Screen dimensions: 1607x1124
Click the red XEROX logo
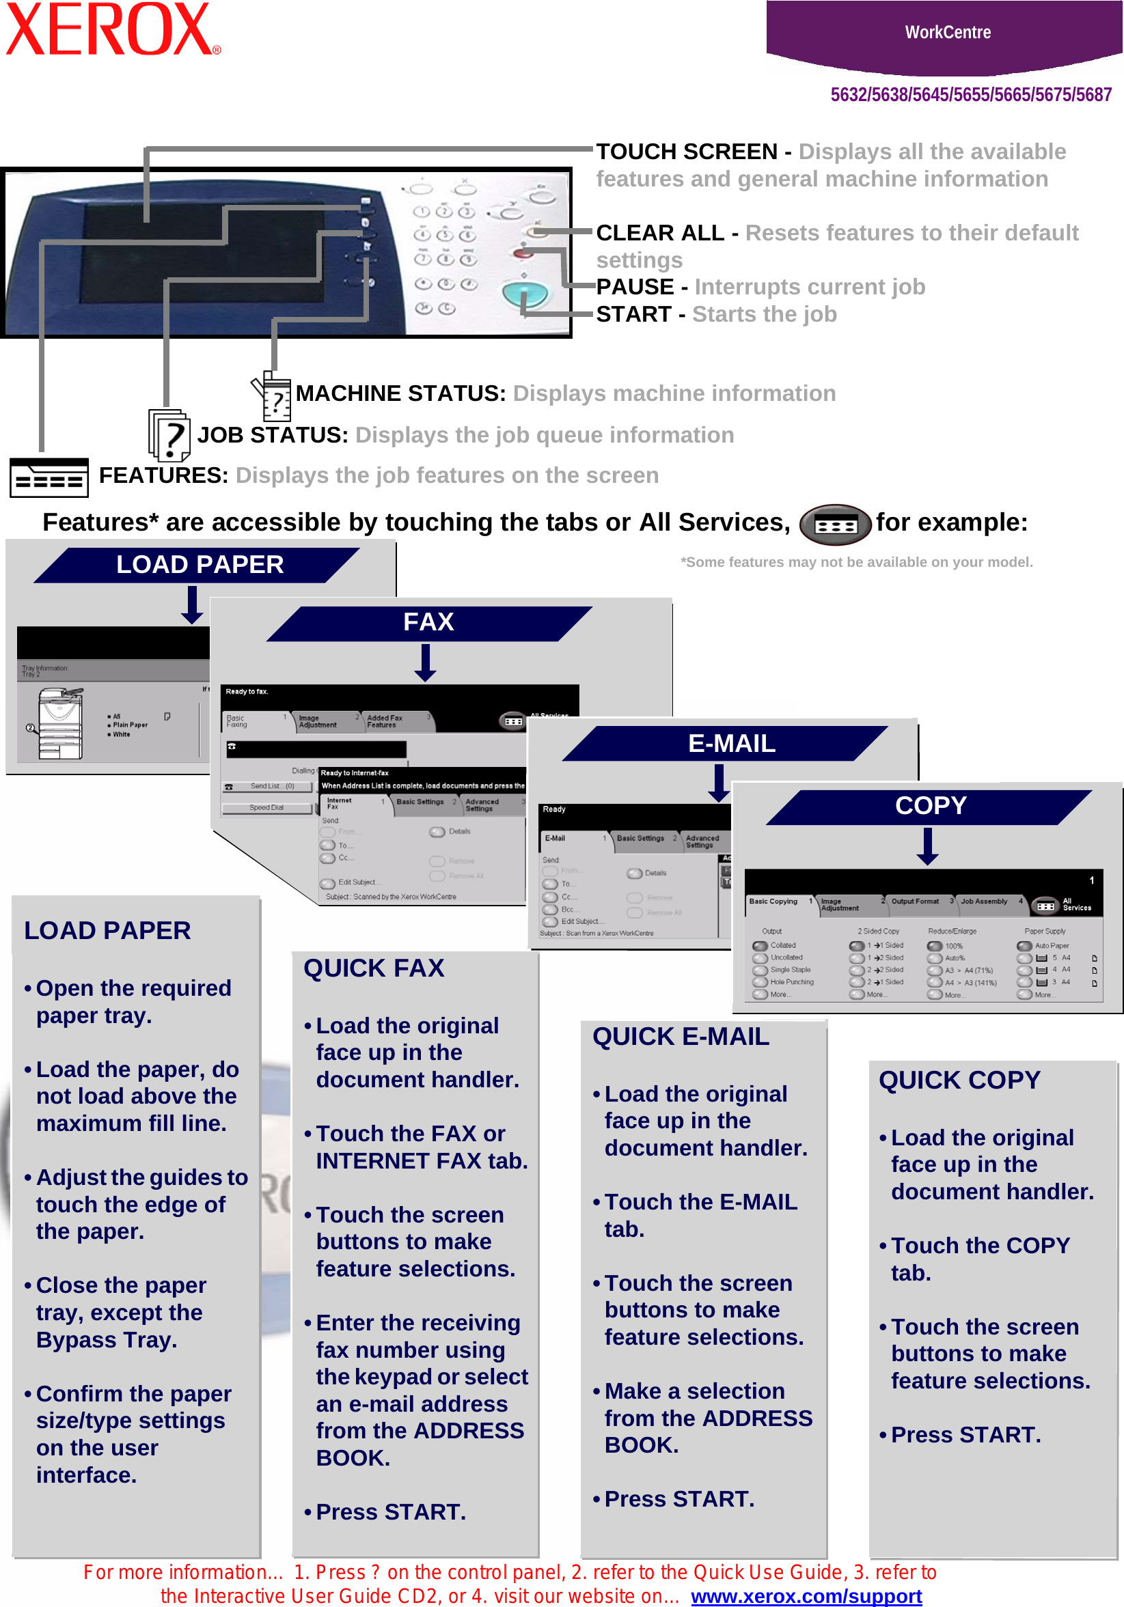[x=112, y=29]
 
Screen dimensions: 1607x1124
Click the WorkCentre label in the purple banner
[x=947, y=32]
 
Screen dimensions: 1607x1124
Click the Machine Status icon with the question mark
[x=273, y=397]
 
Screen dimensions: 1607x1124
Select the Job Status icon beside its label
[x=169, y=435]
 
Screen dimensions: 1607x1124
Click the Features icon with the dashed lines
[x=49, y=477]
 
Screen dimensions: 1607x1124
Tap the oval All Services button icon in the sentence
[x=835, y=525]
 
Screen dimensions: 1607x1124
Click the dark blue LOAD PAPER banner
[x=199, y=565]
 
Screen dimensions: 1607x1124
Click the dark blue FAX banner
[x=428, y=622]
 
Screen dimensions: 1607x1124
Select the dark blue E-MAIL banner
[x=730, y=743]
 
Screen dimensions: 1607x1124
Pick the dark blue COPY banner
[x=930, y=806]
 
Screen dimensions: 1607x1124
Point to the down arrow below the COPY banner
[x=927, y=846]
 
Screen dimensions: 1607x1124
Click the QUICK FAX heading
[x=373, y=968]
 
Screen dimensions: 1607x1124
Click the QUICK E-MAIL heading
[x=680, y=1037]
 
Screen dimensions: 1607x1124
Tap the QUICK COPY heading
[x=959, y=1080]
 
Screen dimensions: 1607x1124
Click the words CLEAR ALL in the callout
[x=659, y=233]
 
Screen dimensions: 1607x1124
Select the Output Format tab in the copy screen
[x=915, y=902]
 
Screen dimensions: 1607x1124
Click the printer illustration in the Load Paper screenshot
[x=61, y=724]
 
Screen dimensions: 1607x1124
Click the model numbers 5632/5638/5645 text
[x=970, y=94]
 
